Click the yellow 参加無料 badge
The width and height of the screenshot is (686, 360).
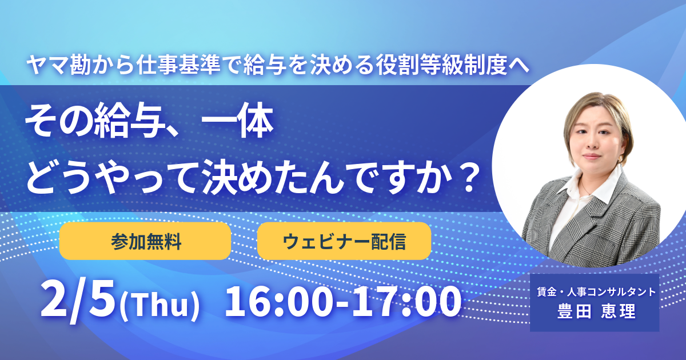click(x=145, y=241)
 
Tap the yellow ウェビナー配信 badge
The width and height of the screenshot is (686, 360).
click(x=344, y=241)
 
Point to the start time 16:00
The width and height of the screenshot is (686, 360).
click(x=280, y=301)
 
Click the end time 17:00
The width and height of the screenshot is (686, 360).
click(x=405, y=301)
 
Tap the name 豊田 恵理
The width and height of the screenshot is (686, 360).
click(x=595, y=313)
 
